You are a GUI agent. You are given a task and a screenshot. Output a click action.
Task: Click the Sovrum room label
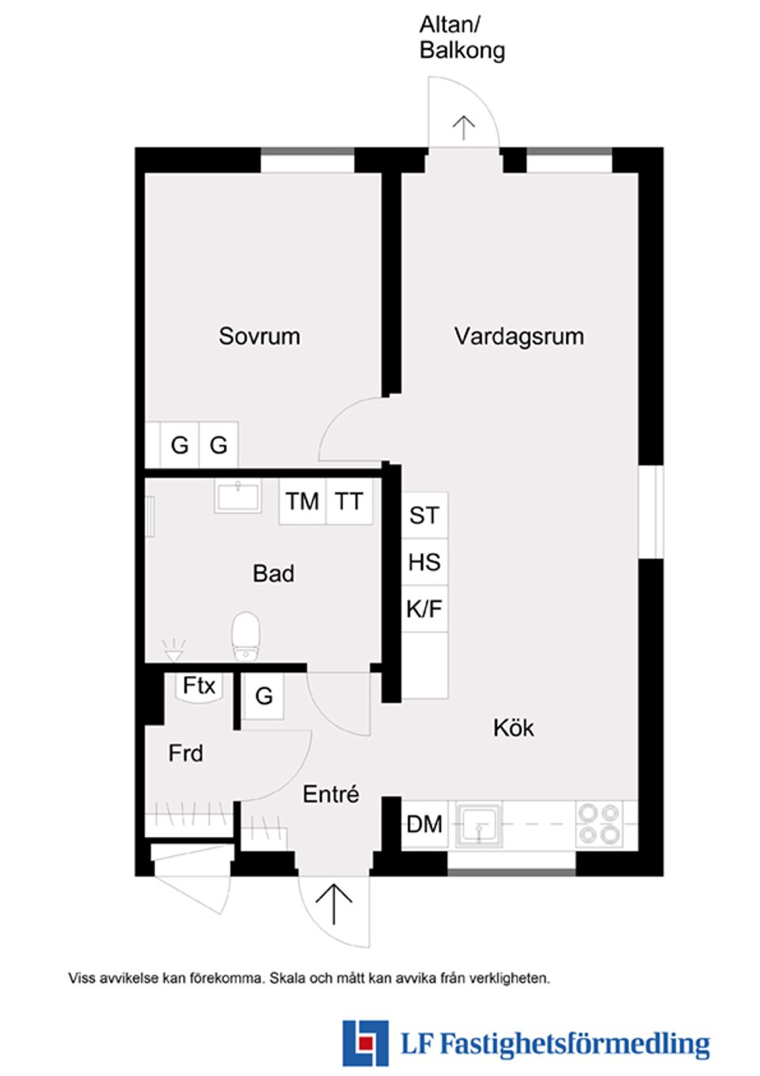pyautogui.click(x=259, y=336)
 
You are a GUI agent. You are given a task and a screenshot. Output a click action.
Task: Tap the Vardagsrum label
pyautogui.click(x=519, y=336)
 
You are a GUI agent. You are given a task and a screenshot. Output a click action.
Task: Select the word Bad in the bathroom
pyautogui.click(x=273, y=573)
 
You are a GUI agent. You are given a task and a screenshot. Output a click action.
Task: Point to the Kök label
pyautogui.click(x=513, y=728)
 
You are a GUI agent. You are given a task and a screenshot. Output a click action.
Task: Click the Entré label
pyautogui.click(x=330, y=793)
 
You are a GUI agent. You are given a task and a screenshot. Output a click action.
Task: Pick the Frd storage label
pyautogui.click(x=185, y=752)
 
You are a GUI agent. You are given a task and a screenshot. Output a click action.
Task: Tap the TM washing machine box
pyautogui.click(x=302, y=501)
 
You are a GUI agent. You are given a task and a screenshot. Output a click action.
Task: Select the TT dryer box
pyautogui.click(x=348, y=501)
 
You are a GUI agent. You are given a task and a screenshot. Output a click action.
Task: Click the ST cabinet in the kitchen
pyautogui.click(x=424, y=515)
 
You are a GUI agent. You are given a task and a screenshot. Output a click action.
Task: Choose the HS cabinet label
pyautogui.click(x=424, y=562)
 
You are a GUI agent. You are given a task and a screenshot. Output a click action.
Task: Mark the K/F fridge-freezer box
pyautogui.click(x=424, y=609)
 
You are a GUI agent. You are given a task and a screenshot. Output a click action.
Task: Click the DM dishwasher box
pyautogui.click(x=424, y=824)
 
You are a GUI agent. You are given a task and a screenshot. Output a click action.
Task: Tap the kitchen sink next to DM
pyautogui.click(x=479, y=824)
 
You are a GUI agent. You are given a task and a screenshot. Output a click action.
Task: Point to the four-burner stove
pyautogui.click(x=598, y=823)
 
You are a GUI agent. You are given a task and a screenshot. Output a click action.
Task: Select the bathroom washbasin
pyautogui.click(x=237, y=496)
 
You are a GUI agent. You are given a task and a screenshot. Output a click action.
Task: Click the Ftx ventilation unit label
pyautogui.click(x=199, y=685)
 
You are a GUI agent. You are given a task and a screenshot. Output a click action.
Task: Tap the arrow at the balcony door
pyautogui.click(x=463, y=127)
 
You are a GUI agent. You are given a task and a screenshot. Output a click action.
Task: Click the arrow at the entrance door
pyautogui.click(x=334, y=903)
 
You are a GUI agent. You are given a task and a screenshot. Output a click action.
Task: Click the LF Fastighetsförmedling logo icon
pyautogui.click(x=365, y=1043)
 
